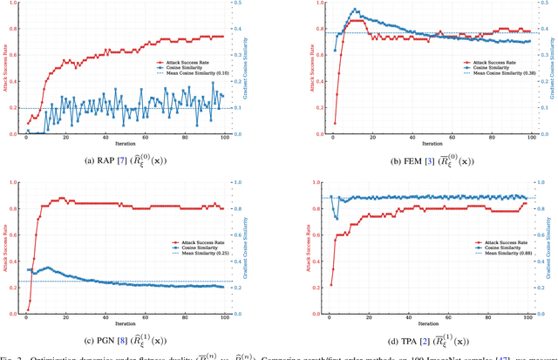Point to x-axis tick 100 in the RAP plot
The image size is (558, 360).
point(224,139)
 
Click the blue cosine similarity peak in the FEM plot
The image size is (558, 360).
point(355,10)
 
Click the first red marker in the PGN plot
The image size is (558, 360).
point(28,310)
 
